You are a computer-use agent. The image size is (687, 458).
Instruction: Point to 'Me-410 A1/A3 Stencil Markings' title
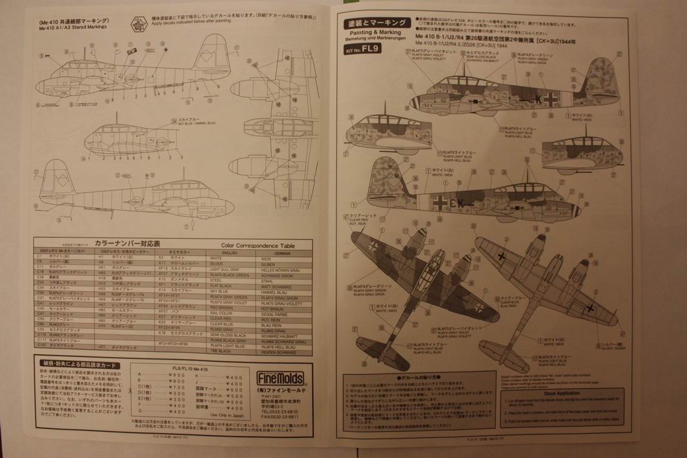point(73,28)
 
